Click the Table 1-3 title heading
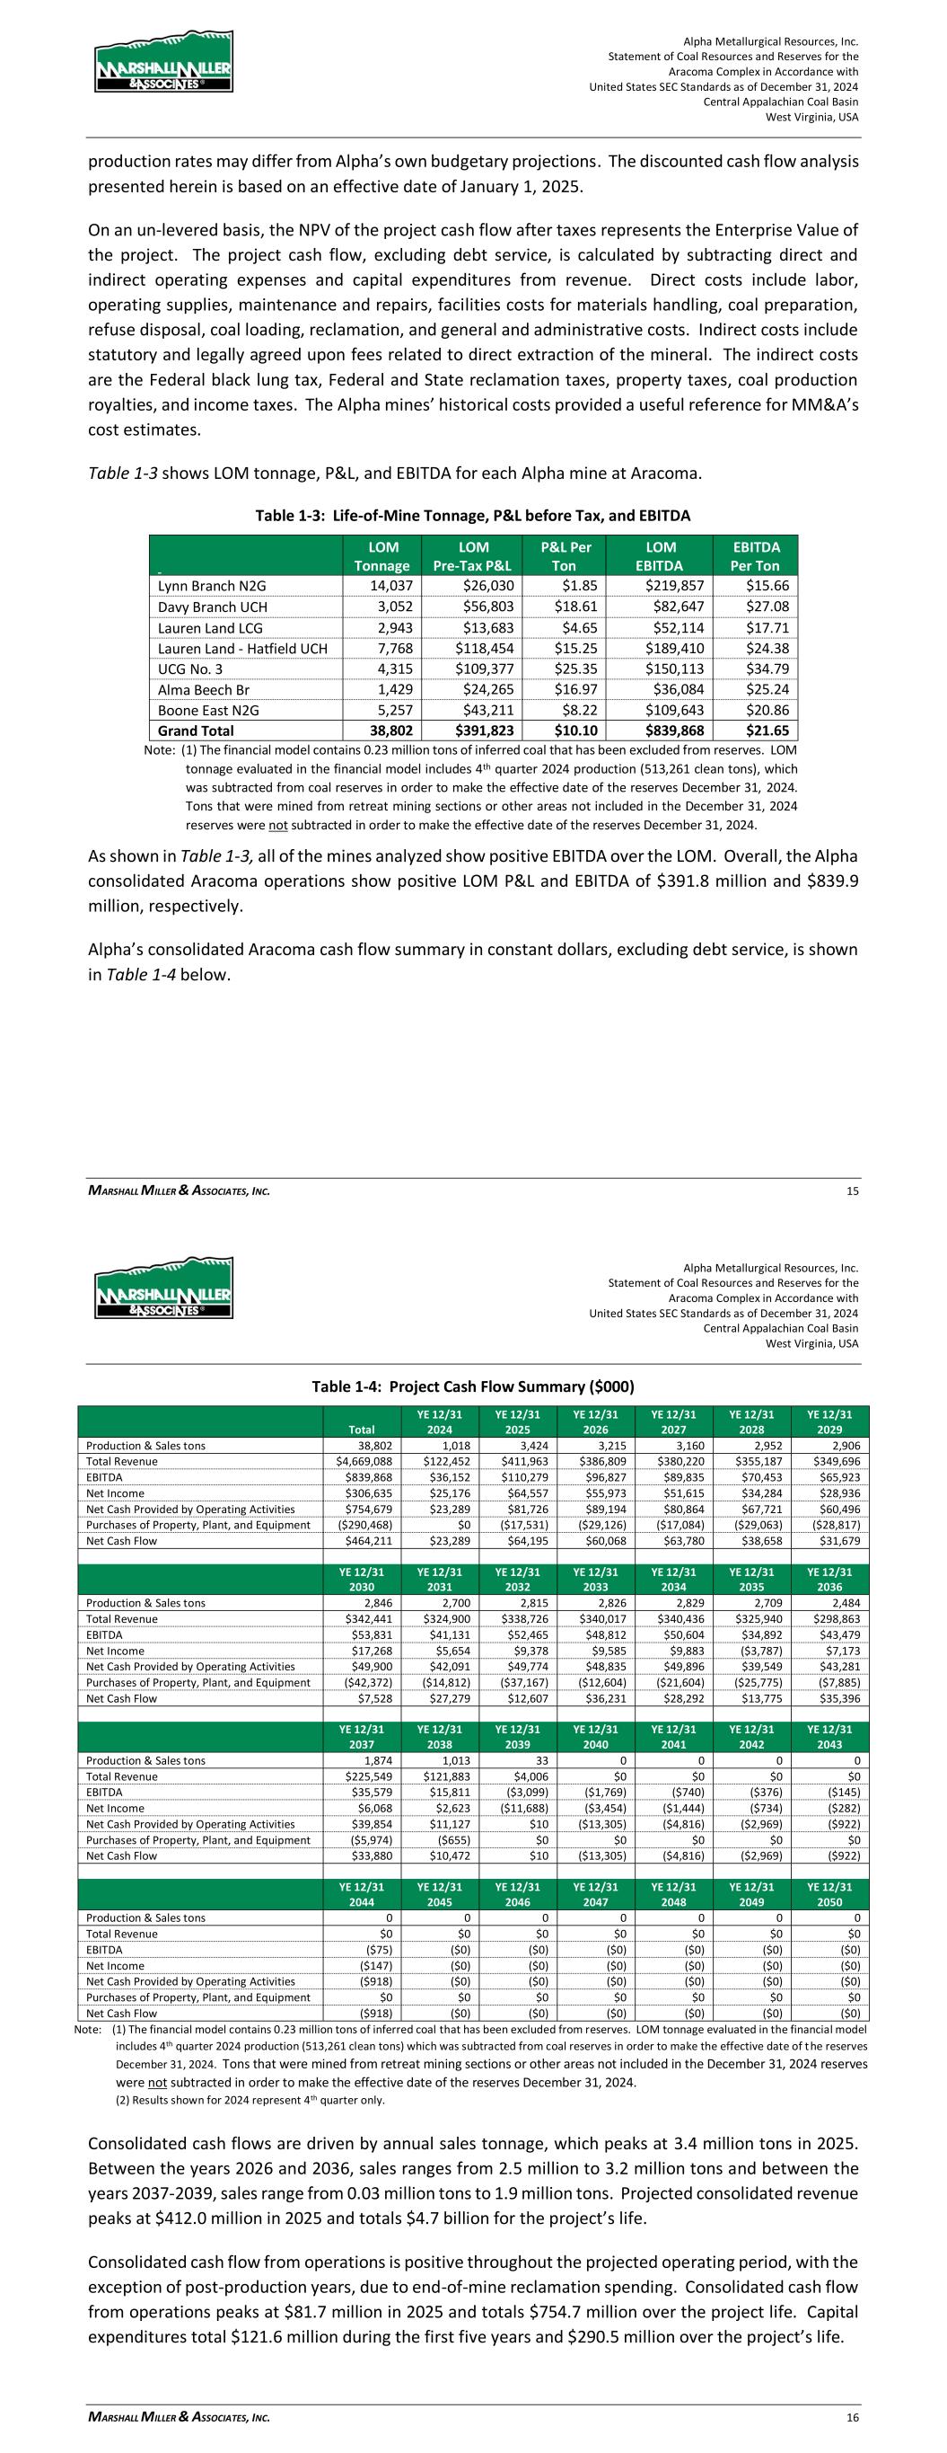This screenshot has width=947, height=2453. (473, 515)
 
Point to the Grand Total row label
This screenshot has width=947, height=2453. (196, 731)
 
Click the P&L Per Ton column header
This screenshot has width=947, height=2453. (566, 556)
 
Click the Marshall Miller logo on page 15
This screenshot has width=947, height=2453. (162, 61)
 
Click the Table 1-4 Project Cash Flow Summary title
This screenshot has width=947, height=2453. (473, 1386)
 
